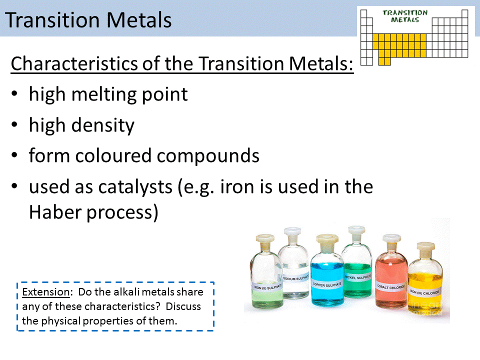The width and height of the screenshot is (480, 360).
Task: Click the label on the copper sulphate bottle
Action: [327, 284]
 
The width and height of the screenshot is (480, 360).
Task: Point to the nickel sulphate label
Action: [358, 276]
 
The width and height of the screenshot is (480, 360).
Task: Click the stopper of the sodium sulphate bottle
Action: [290, 233]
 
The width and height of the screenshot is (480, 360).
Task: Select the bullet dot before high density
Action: [16, 125]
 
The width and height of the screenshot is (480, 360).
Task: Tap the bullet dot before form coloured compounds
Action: [16, 156]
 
